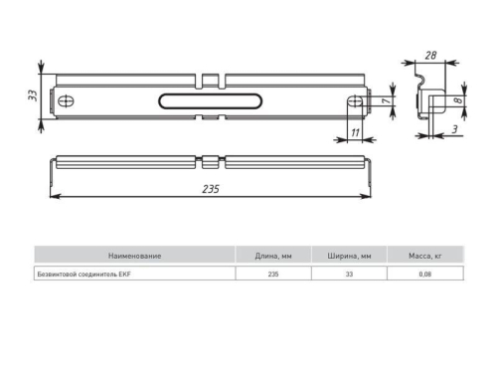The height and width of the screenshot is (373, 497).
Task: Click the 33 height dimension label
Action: pyautogui.click(x=33, y=95)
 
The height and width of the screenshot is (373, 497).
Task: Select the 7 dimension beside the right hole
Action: pyautogui.click(x=381, y=101)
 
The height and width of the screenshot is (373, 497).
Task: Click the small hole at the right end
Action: pyautogui.click(x=354, y=101)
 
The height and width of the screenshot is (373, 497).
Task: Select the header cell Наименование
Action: pyautogui.click(x=134, y=256)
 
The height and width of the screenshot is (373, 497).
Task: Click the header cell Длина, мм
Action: pyautogui.click(x=273, y=256)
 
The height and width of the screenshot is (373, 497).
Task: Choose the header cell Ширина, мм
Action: pyautogui.click(x=349, y=256)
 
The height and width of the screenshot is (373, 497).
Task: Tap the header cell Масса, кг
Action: pyautogui.click(x=424, y=256)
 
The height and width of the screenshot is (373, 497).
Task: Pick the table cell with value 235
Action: pyautogui.click(x=273, y=274)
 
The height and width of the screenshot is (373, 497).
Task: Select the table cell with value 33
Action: pyautogui.click(x=349, y=274)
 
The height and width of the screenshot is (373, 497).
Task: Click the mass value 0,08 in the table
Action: pyautogui.click(x=424, y=274)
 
